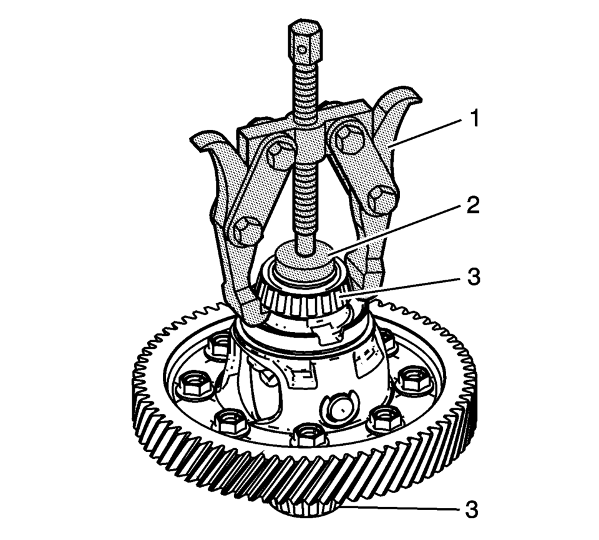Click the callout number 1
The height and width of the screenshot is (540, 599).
(474, 119)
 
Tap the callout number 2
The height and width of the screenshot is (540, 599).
(473, 205)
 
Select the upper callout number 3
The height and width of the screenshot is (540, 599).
(474, 276)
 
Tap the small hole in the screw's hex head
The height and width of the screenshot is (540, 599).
(303, 49)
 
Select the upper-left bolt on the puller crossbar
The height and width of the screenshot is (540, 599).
(280, 155)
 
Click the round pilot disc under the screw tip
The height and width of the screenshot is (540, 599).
(305, 260)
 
